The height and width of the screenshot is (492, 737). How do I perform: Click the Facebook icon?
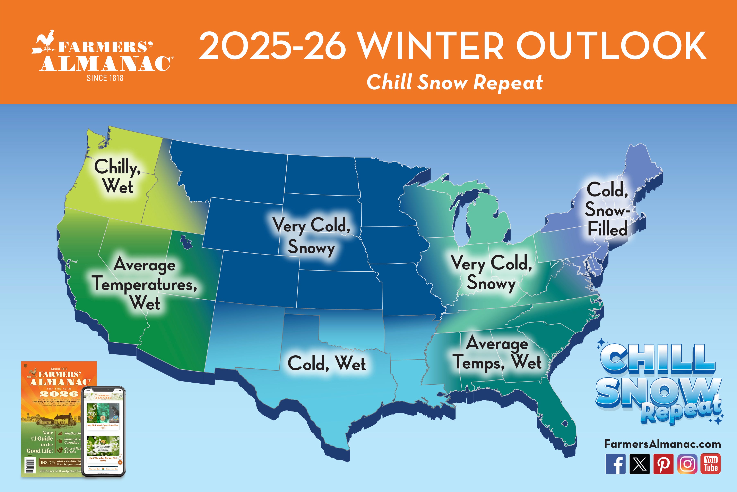(x=615, y=464)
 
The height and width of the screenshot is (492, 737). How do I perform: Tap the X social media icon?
(x=640, y=464)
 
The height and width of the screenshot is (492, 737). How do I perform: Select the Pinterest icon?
(x=663, y=464)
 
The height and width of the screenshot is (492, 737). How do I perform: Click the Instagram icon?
(x=687, y=464)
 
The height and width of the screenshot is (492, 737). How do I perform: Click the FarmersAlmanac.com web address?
(x=662, y=444)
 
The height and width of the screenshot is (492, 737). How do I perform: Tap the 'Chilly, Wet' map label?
(x=118, y=176)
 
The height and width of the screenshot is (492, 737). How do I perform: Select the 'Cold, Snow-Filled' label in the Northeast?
(x=607, y=209)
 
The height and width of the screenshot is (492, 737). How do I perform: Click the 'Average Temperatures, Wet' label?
(x=145, y=283)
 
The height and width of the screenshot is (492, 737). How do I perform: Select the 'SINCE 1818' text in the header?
(x=105, y=78)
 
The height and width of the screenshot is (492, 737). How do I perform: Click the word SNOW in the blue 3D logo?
(x=658, y=392)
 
